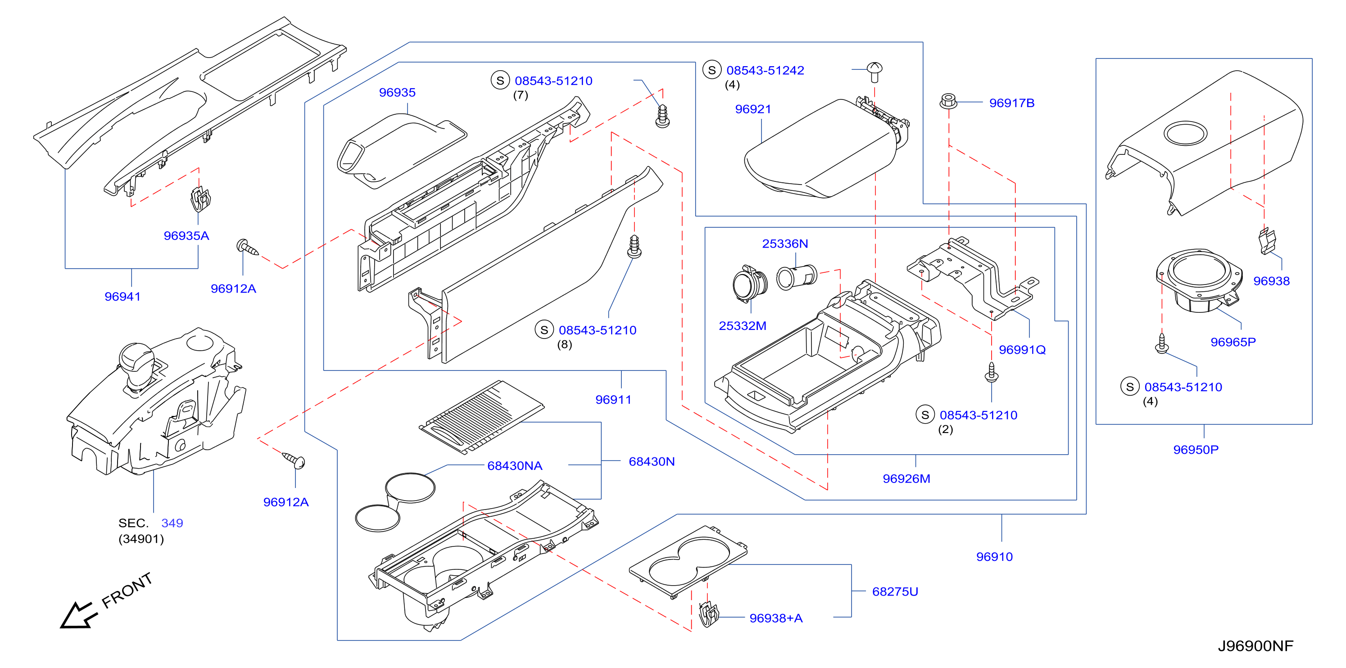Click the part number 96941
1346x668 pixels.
point(122,297)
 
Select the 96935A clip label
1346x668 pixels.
point(186,235)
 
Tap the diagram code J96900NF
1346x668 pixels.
point(1255,646)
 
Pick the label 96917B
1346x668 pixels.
point(1011,103)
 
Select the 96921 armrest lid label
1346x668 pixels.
point(753,109)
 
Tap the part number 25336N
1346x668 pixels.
point(785,244)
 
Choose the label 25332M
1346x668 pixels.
point(743,326)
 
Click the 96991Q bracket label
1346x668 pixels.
point(1022,350)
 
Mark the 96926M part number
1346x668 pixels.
point(906,478)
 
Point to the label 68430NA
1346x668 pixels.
point(515,466)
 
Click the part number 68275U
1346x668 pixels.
point(895,592)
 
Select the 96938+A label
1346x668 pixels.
point(776,618)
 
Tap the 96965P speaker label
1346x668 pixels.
point(1233,342)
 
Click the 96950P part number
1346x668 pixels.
point(1196,450)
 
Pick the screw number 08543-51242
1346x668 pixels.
point(765,71)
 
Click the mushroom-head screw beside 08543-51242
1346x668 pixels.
point(874,72)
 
